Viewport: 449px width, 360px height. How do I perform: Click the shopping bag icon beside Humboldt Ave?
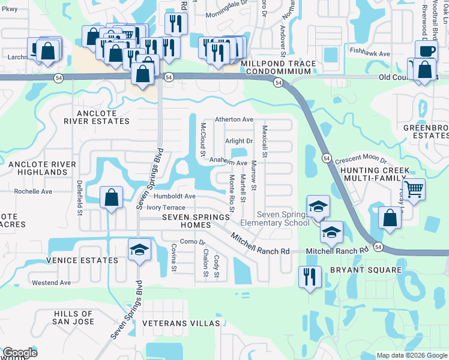(x=111, y=197)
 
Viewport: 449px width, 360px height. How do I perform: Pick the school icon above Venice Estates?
(x=139, y=250)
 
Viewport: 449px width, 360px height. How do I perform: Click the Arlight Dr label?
(x=240, y=141)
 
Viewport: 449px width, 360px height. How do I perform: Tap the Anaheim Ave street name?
(x=228, y=163)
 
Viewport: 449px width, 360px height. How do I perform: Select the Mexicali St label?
(x=264, y=142)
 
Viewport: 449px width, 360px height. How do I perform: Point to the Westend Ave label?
(x=51, y=282)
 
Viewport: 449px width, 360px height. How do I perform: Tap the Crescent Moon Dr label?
(x=361, y=161)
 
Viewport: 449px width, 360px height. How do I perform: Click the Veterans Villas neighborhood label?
(x=181, y=323)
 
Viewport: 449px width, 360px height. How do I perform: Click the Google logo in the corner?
(x=20, y=353)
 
